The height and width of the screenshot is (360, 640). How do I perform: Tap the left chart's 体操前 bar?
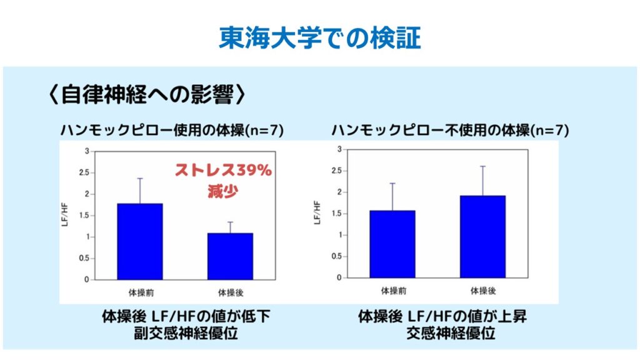pos(139,241)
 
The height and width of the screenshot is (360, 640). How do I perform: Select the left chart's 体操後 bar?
pos(230,256)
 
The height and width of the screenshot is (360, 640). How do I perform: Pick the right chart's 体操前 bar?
pos(392,244)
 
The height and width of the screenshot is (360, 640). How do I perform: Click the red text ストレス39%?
pos(222,170)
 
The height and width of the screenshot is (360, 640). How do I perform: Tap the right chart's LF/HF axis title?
pos(317,212)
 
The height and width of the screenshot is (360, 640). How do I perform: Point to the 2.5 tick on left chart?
pos(84,173)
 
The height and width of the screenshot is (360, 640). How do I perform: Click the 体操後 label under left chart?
pos(230,291)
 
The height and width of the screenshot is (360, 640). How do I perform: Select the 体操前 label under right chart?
pos(392,290)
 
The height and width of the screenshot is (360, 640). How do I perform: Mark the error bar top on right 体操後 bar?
pos(482,166)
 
